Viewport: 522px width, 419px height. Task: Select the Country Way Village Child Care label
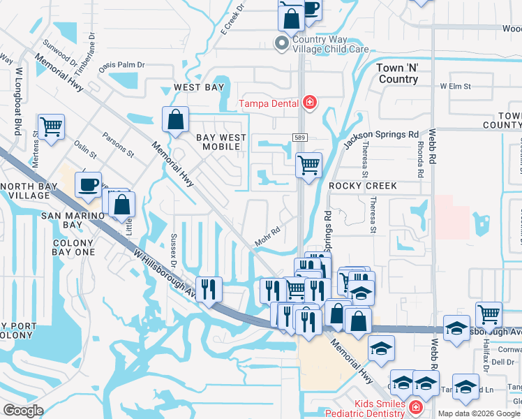(322, 45)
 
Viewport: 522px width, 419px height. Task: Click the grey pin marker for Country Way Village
(282, 44)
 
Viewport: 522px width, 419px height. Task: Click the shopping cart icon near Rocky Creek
(308, 166)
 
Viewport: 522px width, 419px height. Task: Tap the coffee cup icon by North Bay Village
(88, 185)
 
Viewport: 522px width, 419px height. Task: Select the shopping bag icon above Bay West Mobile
(175, 119)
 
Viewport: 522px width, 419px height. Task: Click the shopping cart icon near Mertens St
(52, 128)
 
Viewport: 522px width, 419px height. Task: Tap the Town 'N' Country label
(397, 73)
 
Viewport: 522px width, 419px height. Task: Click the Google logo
(23, 410)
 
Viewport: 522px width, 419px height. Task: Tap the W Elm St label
(455, 87)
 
